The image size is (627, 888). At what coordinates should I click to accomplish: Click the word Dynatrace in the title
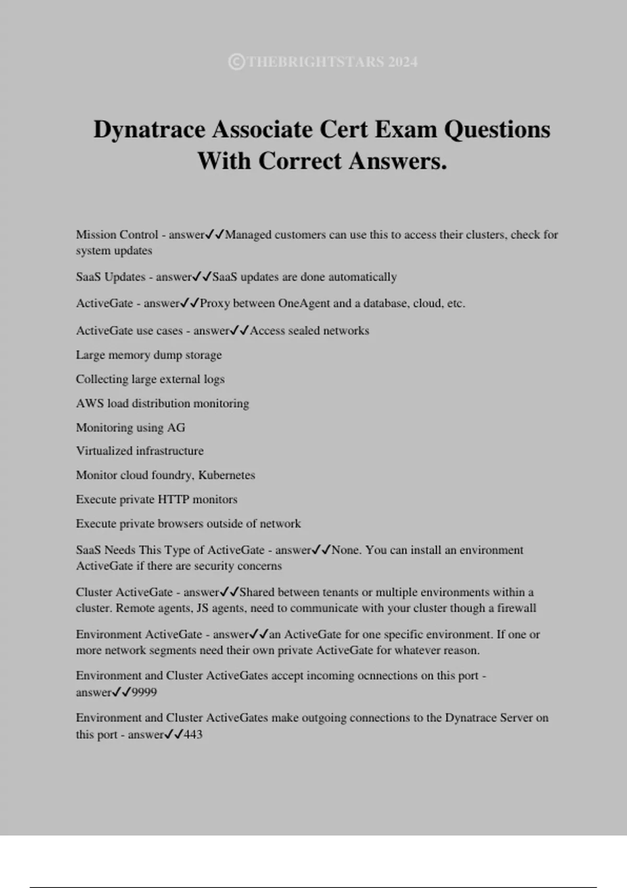149,130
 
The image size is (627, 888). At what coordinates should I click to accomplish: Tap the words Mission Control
117,235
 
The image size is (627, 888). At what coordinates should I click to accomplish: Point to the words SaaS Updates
110,277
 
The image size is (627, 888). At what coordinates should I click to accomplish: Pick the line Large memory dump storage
149,355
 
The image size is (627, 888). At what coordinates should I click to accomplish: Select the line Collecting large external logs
150,379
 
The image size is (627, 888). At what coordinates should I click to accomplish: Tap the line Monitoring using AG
131,428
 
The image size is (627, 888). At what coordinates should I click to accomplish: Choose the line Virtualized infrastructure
140,451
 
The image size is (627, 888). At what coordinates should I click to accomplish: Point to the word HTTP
173,499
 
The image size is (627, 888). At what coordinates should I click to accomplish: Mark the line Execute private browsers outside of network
188,524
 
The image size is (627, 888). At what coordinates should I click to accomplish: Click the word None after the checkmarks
346,550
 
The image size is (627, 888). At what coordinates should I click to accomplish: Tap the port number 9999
144,693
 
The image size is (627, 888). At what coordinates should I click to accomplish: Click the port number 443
193,735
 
